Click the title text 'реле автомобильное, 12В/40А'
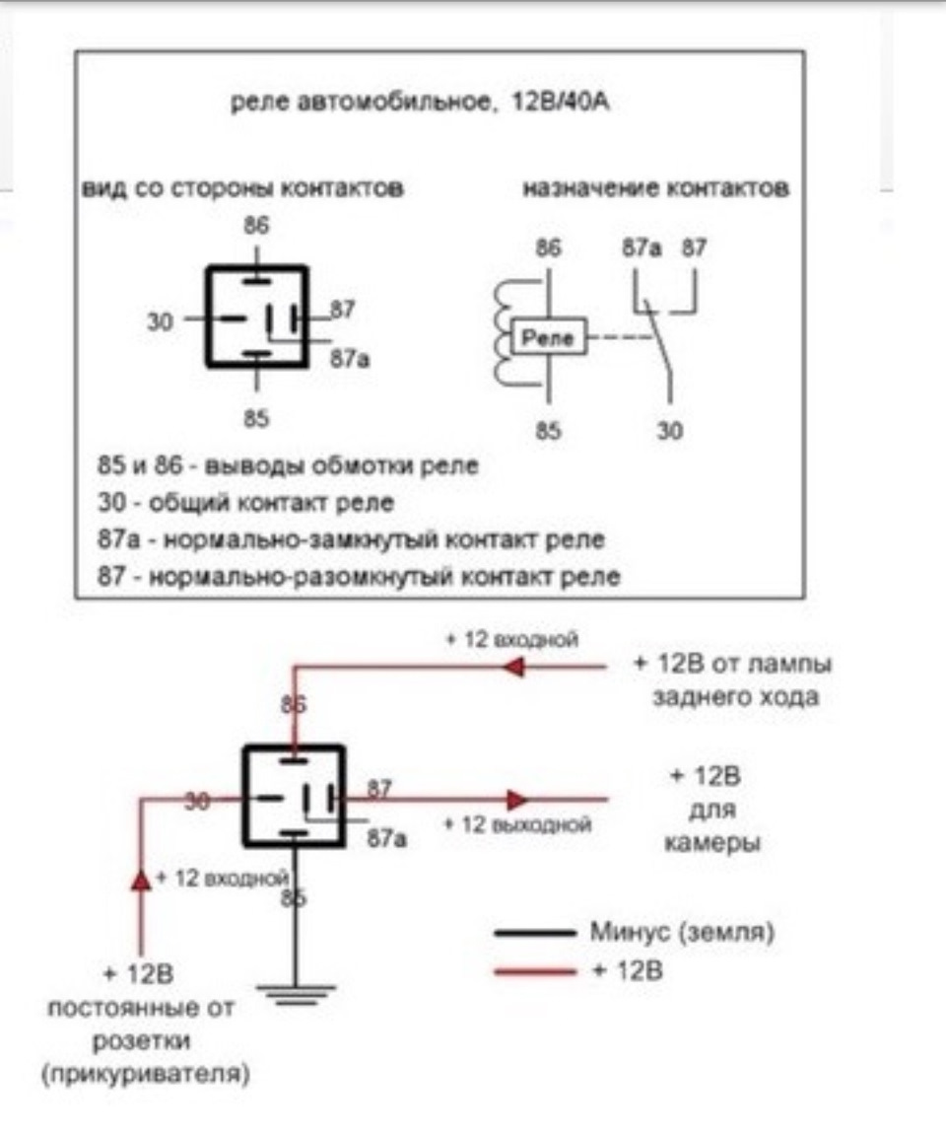click(419, 102)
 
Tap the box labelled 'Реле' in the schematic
click(549, 337)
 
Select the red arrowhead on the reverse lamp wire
click(513, 666)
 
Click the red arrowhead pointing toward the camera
click(516, 800)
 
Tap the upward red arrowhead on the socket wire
click(141, 880)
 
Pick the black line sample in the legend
click(535, 933)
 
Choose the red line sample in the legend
click(535, 972)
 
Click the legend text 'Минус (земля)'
click(682, 932)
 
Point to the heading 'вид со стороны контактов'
click(242, 188)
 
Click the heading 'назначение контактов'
click(655, 188)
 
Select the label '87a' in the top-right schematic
click(642, 248)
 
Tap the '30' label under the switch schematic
click(670, 431)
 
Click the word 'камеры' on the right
click(711, 843)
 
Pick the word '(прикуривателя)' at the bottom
click(145, 1073)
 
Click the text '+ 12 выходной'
click(517, 824)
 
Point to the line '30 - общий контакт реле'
click(245, 503)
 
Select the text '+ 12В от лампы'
click(733, 664)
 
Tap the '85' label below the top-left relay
click(256, 419)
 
